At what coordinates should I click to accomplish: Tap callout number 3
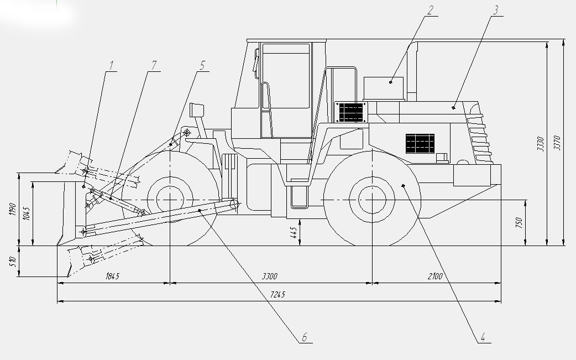[496, 10]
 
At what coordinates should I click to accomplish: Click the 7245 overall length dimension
[278, 295]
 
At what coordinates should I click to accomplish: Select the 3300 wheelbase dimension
[270, 276]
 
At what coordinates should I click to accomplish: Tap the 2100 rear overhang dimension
[435, 276]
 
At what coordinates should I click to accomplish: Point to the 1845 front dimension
[112, 276]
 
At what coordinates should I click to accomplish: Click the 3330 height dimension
[541, 144]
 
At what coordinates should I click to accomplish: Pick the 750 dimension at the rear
[519, 222]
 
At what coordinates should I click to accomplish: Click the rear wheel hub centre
[372, 200]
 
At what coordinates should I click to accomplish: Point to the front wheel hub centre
[170, 200]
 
